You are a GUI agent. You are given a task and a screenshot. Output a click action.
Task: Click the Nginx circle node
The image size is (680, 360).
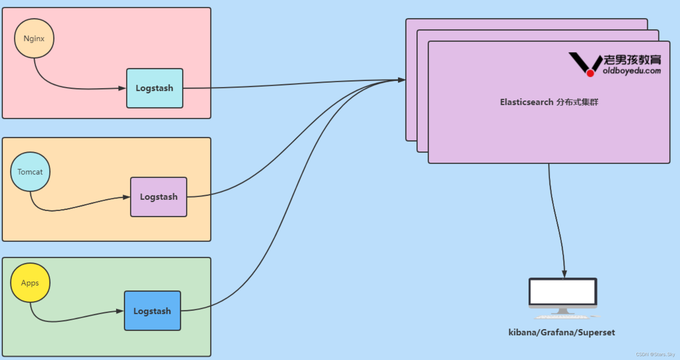tap(34, 38)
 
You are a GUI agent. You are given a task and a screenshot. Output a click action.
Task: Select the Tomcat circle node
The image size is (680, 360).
tap(30, 171)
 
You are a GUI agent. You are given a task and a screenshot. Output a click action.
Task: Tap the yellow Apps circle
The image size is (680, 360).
tap(30, 283)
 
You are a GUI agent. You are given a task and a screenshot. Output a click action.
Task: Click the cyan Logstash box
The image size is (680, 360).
tap(155, 88)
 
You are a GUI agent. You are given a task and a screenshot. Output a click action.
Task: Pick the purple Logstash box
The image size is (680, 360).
tap(159, 197)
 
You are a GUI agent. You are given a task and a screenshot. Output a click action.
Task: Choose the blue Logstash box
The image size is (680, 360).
tap(152, 311)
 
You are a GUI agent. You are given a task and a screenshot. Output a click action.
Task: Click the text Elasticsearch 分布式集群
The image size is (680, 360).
tap(549, 102)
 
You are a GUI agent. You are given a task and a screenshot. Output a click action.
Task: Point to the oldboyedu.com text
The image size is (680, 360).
tap(632, 71)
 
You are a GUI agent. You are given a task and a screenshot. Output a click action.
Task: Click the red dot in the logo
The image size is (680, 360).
tap(590, 73)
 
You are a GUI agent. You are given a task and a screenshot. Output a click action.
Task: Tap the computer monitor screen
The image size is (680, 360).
tap(563, 292)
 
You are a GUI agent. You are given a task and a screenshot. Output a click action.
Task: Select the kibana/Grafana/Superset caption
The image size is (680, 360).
tap(561, 333)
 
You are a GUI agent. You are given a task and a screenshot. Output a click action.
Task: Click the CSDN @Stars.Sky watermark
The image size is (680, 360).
tap(655, 354)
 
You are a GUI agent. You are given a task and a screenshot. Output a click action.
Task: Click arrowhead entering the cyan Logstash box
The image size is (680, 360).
tap(122, 88)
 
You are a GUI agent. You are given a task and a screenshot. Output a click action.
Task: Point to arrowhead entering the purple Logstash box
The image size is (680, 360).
tap(126, 197)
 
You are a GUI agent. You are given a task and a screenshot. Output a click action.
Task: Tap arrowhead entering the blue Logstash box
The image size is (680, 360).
tap(120, 311)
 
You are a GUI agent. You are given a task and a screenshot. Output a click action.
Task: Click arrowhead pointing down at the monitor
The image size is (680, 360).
tap(564, 274)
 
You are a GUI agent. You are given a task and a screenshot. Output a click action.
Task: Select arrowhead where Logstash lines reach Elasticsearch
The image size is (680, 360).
tap(401, 80)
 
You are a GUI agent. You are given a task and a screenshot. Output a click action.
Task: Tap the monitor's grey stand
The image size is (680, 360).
tap(563, 311)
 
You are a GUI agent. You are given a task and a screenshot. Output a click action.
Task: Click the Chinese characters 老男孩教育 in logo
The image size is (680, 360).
tap(632, 60)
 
